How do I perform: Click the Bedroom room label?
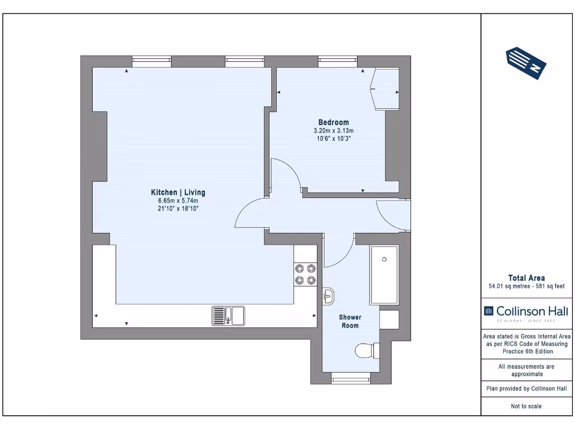point(334,122)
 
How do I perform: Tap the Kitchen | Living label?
point(178,192)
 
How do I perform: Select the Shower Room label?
point(350,322)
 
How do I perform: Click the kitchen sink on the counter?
point(228,316)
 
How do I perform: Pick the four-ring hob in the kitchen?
point(305,274)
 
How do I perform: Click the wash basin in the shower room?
point(329,296)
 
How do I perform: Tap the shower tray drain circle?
point(384,259)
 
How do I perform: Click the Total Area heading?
point(526,278)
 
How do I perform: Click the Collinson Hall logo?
point(526,312)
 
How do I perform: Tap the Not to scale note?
point(526,406)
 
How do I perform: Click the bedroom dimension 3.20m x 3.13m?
point(334,131)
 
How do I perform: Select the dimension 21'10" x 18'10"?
point(178,208)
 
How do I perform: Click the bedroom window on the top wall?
point(337,61)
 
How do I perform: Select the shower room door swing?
point(340,251)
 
